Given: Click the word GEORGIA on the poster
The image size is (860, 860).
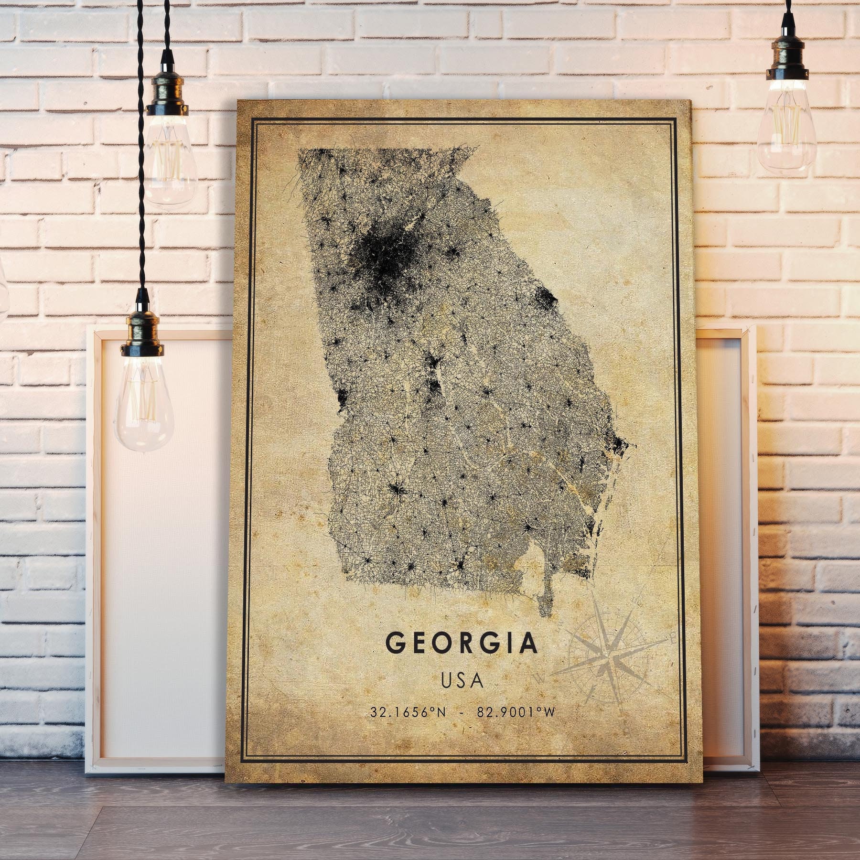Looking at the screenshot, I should [462, 644].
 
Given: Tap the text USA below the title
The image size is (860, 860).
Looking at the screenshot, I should [462, 680].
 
